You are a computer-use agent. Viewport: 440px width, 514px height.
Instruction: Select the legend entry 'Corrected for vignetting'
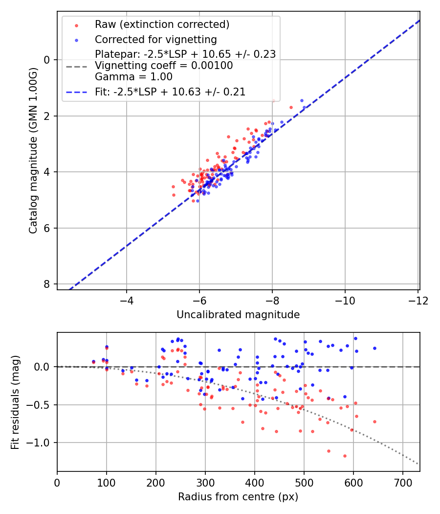pos(155,39)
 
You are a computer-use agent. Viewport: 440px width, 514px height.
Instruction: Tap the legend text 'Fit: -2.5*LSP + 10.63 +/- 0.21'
pos(170,92)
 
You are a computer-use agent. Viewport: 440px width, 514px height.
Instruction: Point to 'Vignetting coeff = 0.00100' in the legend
pos(164,66)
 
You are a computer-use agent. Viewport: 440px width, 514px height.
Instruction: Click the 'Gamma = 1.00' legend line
pos(133,77)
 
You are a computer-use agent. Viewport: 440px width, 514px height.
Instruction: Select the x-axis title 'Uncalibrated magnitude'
pos(238,315)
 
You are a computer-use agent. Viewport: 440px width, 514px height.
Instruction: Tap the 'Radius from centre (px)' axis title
pos(238,497)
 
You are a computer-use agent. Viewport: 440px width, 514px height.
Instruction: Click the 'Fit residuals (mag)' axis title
pos(16,402)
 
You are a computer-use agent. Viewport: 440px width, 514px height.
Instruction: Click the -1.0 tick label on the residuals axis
pos(41,443)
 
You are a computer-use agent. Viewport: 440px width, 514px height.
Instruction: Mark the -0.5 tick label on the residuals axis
pos(41,405)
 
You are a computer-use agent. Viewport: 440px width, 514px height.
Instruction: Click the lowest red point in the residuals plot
pos(345,456)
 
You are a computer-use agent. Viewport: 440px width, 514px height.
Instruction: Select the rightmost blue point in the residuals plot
pos(374,348)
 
